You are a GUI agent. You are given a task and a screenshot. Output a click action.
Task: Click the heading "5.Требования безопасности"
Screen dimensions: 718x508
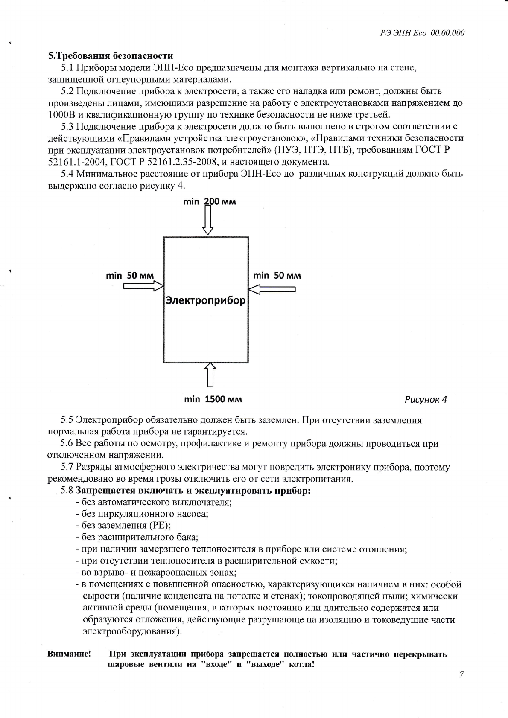tap(111, 56)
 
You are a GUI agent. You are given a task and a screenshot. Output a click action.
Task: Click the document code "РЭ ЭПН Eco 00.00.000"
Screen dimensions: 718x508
tap(422, 33)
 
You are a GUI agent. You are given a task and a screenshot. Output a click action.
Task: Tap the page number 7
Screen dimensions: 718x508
tap(461, 674)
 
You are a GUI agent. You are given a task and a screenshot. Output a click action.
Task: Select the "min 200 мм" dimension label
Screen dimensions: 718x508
tap(209, 201)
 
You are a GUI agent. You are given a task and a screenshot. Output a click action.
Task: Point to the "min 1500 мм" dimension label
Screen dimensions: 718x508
tap(213, 399)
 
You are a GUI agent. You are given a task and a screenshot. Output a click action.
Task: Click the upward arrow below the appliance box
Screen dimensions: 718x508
tap(210, 374)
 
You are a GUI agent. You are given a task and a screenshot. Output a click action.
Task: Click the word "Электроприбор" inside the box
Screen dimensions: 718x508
tap(206, 300)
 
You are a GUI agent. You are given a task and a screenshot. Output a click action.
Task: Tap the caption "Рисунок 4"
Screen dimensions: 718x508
tap(425, 400)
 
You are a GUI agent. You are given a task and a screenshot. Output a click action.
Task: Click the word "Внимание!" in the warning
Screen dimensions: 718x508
tap(69, 654)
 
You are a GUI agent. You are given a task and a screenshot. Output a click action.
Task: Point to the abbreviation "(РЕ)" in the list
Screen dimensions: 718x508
tap(160, 525)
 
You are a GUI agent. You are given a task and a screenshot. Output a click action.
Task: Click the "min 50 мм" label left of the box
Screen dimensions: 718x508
tap(130, 276)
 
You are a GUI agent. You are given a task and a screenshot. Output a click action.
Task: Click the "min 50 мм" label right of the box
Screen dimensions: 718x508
tap(277, 276)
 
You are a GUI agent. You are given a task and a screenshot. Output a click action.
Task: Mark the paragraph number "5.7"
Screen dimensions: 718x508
tap(67, 468)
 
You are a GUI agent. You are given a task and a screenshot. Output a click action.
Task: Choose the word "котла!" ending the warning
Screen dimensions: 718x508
tap(301, 665)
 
